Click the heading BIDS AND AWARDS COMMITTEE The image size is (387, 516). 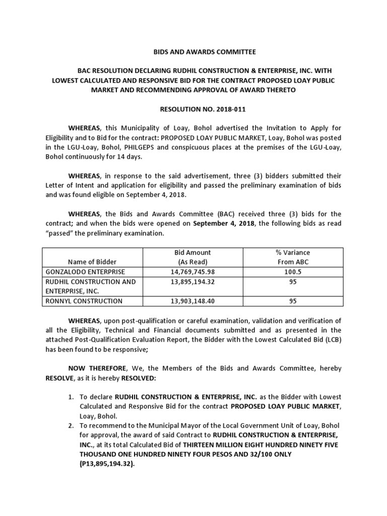pyautogui.click(x=198, y=52)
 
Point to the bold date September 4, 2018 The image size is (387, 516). pyautogui.click(x=225, y=224)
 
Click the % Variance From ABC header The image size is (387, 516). pyautogui.click(x=293, y=257)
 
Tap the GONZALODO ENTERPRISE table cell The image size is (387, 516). pyautogui.click(x=83, y=272)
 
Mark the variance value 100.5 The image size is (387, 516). pyautogui.click(x=293, y=272)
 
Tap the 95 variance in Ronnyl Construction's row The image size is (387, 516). pyautogui.click(x=293, y=301)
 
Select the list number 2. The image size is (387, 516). pyautogui.click(x=71, y=426)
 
